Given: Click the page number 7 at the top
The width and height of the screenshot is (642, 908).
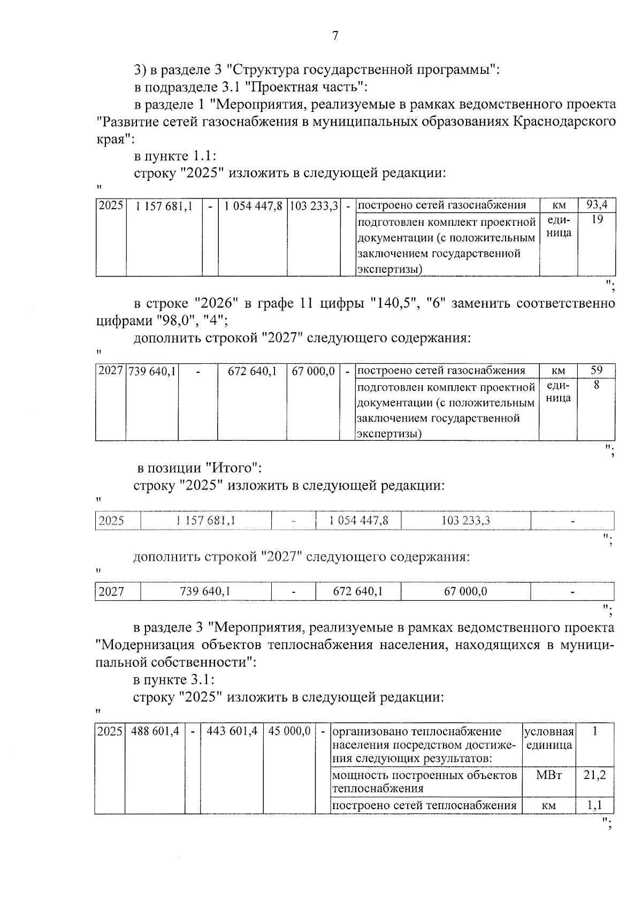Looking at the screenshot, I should pyautogui.click(x=335, y=36).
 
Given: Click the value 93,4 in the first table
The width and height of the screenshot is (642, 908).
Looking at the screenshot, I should pyautogui.click(x=596, y=205).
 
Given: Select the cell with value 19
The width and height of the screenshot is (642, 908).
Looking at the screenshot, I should pyautogui.click(x=596, y=219).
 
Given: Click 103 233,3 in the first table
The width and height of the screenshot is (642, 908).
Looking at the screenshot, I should pyautogui.click(x=314, y=206).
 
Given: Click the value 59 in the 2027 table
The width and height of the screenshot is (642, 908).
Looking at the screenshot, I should pyautogui.click(x=596, y=370).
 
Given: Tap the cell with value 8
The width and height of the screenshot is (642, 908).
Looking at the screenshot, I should pyautogui.click(x=596, y=385).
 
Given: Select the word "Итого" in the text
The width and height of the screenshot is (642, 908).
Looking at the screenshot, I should pyautogui.click(x=233, y=468).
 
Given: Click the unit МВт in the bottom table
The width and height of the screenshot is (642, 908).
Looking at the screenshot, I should pyautogui.click(x=548, y=775).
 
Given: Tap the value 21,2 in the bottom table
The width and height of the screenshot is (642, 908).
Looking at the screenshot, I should pyautogui.click(x=595, y=775).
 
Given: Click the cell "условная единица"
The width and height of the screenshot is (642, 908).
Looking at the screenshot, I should pyautogui.click(x=548, y=738).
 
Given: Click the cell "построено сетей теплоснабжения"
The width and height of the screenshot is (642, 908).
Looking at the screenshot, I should pyautogui.click(x=424, y=805).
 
